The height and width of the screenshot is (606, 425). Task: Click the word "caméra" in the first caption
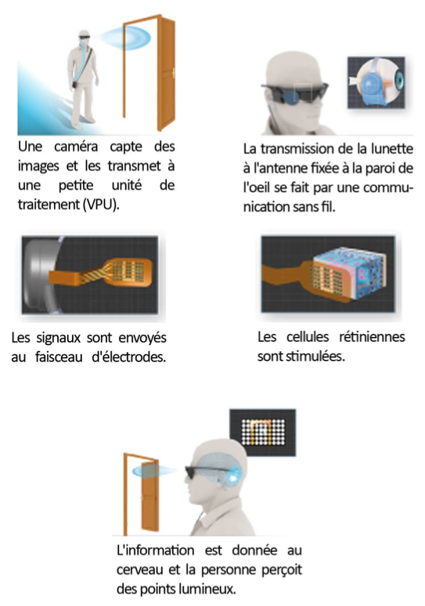click(x=76, y=147)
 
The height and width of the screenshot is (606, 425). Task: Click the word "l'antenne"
click(x=276, y=168)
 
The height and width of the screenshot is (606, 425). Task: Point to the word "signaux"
click(x=58, y=338)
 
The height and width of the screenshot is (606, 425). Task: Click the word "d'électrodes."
click(x=129, y=357)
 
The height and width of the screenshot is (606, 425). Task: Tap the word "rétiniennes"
click(x=372, y=337)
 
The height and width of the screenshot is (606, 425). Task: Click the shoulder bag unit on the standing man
click(x=74, y=84)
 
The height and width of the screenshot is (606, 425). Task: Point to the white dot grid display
click(x=263, y=432)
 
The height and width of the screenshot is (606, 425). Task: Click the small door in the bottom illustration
click(x=142, y=494)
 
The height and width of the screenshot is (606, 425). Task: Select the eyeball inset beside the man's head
click(x=376, y=82)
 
